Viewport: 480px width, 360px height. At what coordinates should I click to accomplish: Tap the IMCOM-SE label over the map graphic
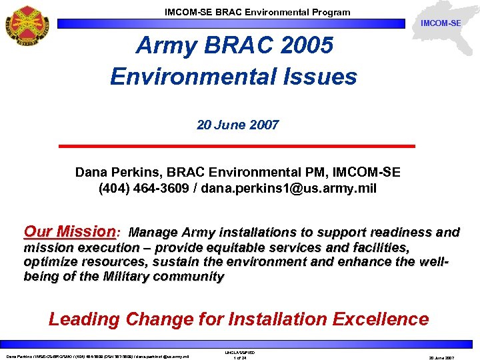pyautogui.click(x=441, y=24)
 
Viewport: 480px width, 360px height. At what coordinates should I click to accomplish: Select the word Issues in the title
pyautogui.click(x=319, y=77)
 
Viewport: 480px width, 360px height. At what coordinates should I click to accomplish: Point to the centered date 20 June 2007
pyautogui.click(x=237, y=125)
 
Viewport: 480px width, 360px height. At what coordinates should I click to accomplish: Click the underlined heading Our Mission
pyautogui.click(x=69, y=232)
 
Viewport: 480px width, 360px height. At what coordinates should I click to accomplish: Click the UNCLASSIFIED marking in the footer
pyautogui.click(x=240, y=352)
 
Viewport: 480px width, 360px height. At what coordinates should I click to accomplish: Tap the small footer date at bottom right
pyautogui.click(x=441, y=357)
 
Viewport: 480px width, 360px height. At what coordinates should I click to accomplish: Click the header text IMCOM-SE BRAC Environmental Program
pyautogui.click(x=257, y=12)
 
